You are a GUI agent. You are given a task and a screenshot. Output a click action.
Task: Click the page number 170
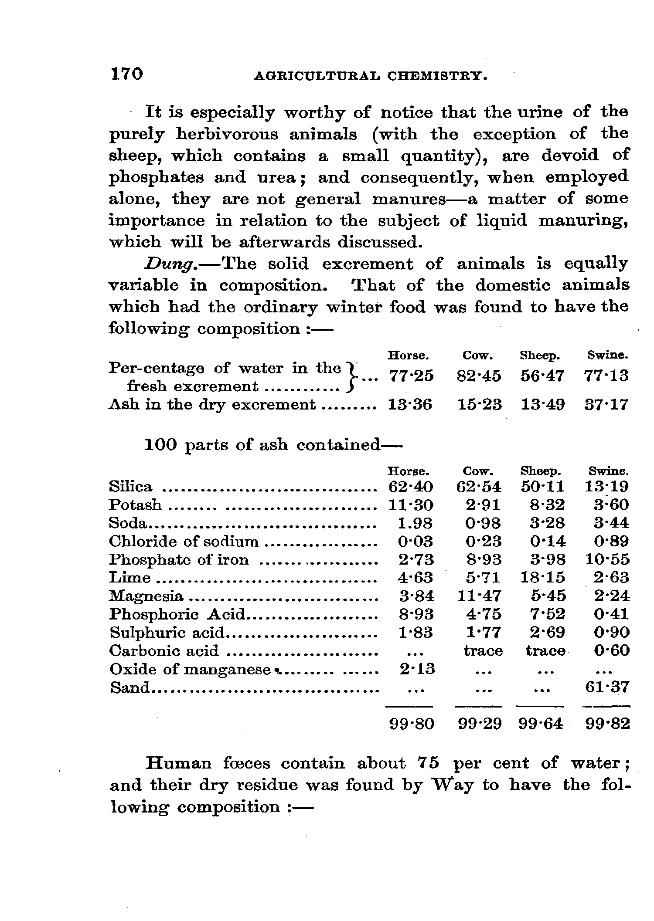coord(126,74)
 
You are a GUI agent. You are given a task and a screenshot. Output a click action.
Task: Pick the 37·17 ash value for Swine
coord(606,405)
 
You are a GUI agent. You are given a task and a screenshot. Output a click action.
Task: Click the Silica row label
coord(131,487)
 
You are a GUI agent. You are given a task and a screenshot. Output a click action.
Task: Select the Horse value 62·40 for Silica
coord(410,487)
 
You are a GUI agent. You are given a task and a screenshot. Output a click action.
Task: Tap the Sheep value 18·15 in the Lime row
coord(543,578)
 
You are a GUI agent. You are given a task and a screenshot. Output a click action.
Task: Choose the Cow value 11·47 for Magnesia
coord(479,596)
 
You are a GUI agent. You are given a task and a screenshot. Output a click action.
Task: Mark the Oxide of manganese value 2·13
coord(417,669)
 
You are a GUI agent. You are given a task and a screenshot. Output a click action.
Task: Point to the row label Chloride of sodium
coord(184,542)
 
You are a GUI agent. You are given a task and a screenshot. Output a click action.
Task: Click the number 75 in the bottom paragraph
coord(428,763)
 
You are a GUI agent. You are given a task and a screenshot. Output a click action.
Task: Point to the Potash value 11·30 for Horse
coord(410,505)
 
